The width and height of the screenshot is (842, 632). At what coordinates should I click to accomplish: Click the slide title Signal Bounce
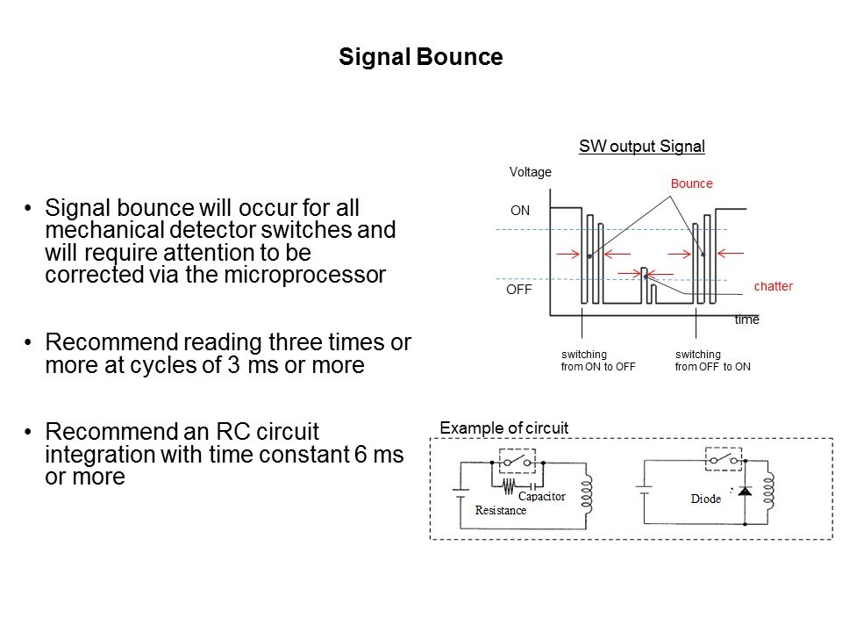pyautogui.click(x=420, y=58)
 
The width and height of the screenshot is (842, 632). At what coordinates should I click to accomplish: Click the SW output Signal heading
pyautogui.click(x=642, y=147)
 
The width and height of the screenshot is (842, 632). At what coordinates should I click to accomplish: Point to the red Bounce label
pyautogui.click(x=692, y=184)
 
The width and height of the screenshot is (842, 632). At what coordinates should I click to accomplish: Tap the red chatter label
pyautogui.click(x=773, y=286)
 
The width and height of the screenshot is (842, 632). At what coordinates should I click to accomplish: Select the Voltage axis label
pyautogui.click(x=531, y=172)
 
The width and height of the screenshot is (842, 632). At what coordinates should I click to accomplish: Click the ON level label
pyautogui.click(x=520, y=212)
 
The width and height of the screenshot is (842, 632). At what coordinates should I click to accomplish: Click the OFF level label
pyautogui.click(x=523, y=289)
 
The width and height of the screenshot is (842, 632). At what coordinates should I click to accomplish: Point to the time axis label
pyautogui.click(x=746, y=321)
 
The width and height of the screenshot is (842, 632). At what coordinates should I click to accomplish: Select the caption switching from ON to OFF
pyautogui.click(x=597, y=361)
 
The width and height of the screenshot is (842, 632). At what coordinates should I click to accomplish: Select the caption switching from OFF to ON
pyautogui.click(x=712, y=361)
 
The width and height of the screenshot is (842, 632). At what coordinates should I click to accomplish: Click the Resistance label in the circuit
pyautogui.click(x=501, y=510)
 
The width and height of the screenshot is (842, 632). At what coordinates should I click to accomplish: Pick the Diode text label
pyautogui.click(x=705, y=499)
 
